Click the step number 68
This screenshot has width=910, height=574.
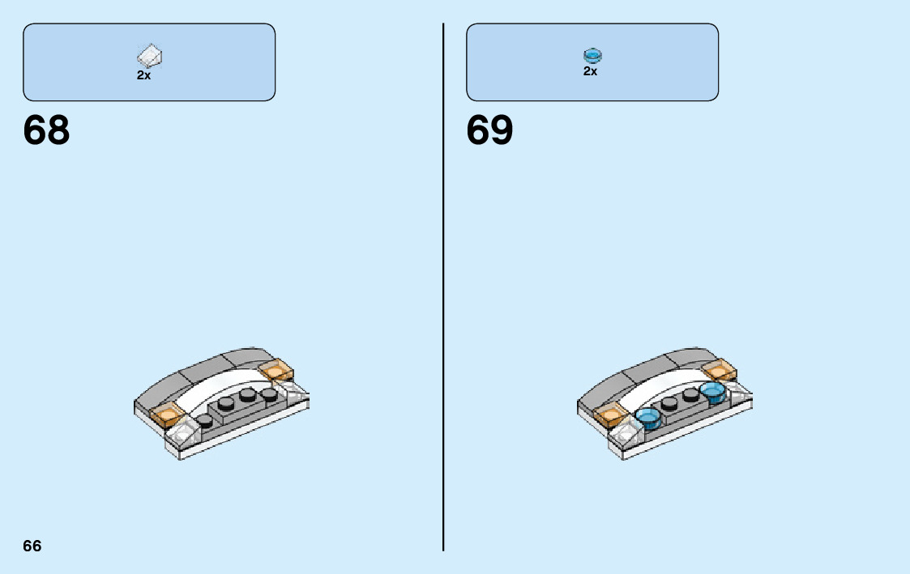coord(47,130)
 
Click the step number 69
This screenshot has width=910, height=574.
coord(489,130)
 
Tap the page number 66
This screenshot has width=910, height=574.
coord(32,546)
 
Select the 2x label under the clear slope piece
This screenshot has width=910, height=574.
coord(143,75)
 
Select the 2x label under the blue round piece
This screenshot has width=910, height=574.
coord(590,71)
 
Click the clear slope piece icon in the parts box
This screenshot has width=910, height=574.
coord(150,56)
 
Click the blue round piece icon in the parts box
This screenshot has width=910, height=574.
coord(592,55)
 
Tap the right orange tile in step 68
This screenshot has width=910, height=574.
coord(276,370)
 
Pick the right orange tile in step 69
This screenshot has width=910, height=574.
coord(720,370)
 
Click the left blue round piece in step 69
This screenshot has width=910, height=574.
coord(650,418)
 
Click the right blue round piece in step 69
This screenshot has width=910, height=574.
coord(712,393)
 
